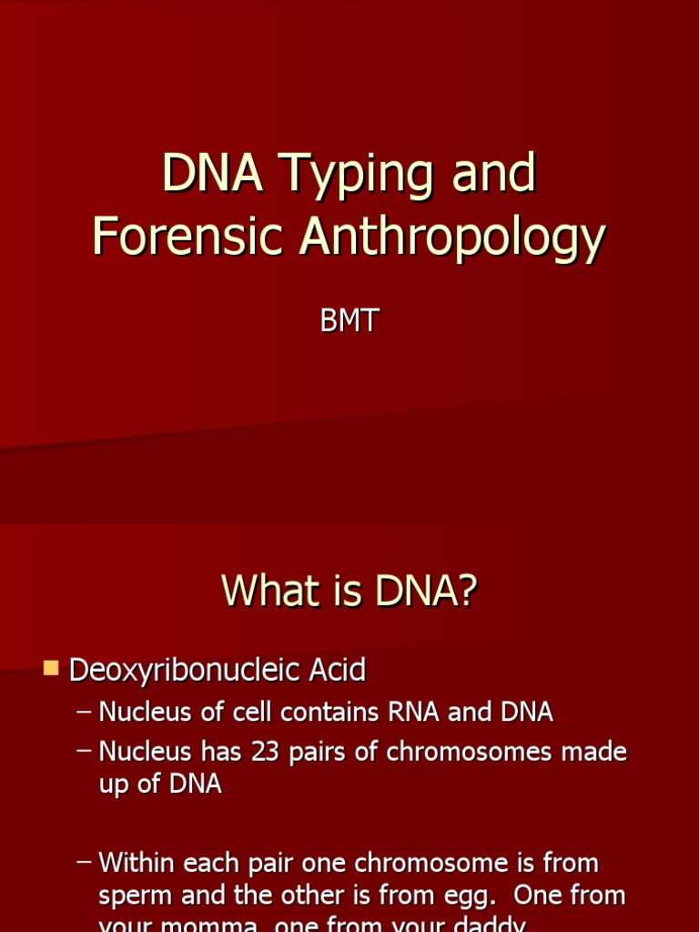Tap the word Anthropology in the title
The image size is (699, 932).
[453, 238]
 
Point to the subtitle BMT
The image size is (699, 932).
[349, 323]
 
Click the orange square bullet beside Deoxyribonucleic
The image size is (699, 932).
[51, 670]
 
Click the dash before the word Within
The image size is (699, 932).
[84, 862]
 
